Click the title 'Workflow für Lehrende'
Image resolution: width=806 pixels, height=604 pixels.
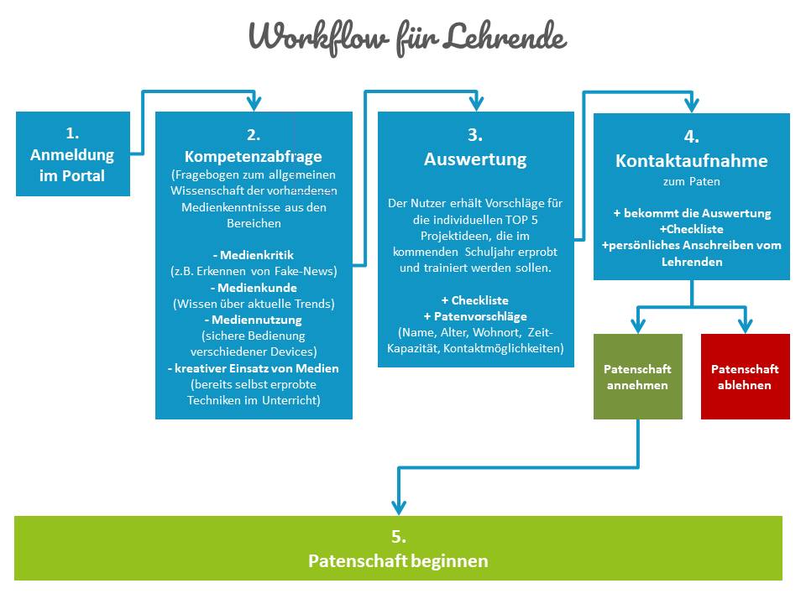(407, 38)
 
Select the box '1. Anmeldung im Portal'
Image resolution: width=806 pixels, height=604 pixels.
(72, 154)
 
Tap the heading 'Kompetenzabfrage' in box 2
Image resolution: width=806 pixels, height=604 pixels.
(253, 157)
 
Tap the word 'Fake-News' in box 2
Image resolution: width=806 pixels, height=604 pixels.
(306, 270)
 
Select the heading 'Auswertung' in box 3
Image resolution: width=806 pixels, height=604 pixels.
(475, 159)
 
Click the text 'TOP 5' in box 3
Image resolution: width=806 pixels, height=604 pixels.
(543, 220)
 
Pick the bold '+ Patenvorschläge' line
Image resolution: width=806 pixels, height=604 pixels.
(475, 316)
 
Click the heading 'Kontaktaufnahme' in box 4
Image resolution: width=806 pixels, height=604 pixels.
(691, 160)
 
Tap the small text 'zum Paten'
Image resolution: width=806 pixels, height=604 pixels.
(691, 180)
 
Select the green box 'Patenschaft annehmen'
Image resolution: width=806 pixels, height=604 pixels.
(637, 377)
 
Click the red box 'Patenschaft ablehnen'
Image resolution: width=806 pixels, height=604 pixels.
(745, 377)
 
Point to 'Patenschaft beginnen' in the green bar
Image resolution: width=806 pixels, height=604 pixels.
(398, 560)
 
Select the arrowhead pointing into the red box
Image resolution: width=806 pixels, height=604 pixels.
(745, 325)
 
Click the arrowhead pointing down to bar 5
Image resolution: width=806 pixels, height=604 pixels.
(398, 506)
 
